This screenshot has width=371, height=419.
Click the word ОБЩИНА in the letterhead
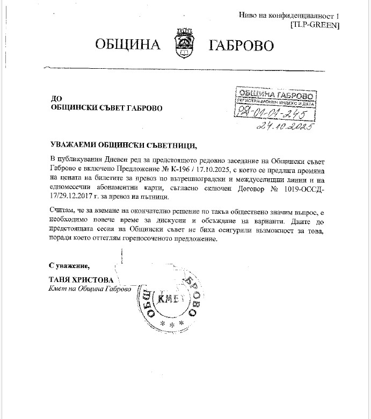click(x=128, y=44)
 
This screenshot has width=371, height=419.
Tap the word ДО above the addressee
click(x=56, y=98)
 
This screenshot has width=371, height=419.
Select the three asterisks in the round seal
click(x=173, y=325)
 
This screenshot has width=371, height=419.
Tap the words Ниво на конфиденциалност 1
click(x=289, y=16)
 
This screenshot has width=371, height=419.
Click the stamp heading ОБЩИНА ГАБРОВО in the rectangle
click(x=273, y=95)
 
